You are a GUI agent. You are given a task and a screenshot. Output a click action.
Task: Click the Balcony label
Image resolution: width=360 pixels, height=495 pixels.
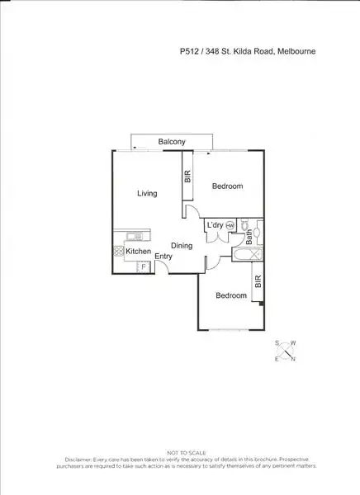(x=172, y=143)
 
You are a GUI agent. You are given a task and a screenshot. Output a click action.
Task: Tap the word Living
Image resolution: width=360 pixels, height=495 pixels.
(x=147, y=194)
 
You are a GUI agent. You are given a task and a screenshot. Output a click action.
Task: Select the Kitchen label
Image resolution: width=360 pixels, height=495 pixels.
(x=138, y=251)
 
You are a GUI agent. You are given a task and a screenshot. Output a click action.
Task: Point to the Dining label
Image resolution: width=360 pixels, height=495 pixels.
(x=182, y=246)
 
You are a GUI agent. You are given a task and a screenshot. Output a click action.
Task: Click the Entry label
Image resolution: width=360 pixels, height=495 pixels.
(x=163, y=257)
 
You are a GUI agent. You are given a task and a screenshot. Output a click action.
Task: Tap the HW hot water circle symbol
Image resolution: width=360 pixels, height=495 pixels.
(x=230, y=226)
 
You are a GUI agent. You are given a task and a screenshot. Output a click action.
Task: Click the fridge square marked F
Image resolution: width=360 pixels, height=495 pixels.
(x=144, y=266)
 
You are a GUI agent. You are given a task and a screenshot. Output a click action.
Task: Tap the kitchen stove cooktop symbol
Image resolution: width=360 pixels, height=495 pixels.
(x=118, y=252)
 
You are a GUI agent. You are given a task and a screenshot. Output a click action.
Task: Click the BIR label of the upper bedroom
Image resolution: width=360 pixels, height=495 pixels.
(x=187, y=178)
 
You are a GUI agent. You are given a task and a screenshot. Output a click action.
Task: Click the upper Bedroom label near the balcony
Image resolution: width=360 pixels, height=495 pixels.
(x=227, y=186)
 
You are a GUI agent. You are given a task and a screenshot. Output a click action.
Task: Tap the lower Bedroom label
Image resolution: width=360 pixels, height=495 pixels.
(x=231, y=295)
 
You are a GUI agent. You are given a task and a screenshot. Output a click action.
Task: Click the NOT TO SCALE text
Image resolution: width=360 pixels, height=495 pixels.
(x=180, y=453)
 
